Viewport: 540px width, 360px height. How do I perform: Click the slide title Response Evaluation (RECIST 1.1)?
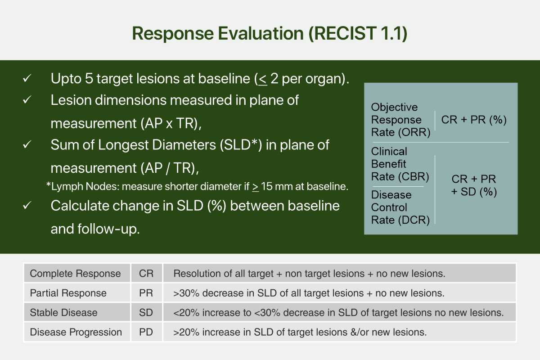pyautogui.click(x=270, y=34)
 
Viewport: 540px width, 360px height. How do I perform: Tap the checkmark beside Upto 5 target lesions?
pyautogui.click(x=27, y=78)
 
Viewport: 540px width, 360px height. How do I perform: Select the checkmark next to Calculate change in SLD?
pyautogui.click(x=27, y=206)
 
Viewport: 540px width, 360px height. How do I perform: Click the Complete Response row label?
pyautogui.click(x=75, y=274)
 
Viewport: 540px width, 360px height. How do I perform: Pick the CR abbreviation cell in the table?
pyautogui.click(x=146, y=274)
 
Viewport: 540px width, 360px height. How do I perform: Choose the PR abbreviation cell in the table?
pyautogui.click(x=146, y=293)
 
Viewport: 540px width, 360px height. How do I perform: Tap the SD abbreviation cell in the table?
pyautogui.click(x=146, y=312)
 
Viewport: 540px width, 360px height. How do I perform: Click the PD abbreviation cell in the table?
pyautogui.click(x=146, y=332)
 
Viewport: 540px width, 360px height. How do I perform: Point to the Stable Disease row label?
pyautogui.click(x=63, y=312)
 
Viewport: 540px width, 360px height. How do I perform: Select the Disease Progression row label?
pyautogui.click(x=76, y=332)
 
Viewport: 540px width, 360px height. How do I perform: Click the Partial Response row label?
pyautogui.click(x=68, y=293)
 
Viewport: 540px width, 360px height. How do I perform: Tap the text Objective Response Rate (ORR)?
pyautogui.click(x=400, y=120)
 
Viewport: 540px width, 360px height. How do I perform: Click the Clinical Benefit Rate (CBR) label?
pyautogui.click(x=400, y=164)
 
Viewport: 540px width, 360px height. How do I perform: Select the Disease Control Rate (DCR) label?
pyautogui.click(x=400, y=207)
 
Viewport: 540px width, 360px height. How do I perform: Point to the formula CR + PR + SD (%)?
pyautogui.click(x=474, y=186)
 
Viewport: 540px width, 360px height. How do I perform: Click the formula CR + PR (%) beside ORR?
pyautogui.click(x=474, y=120)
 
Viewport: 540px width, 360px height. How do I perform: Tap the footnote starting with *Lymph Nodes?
pyautogui.click(x=197, y=186)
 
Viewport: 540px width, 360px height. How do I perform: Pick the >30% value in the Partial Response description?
pyautogui.click(x=186, y=293)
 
